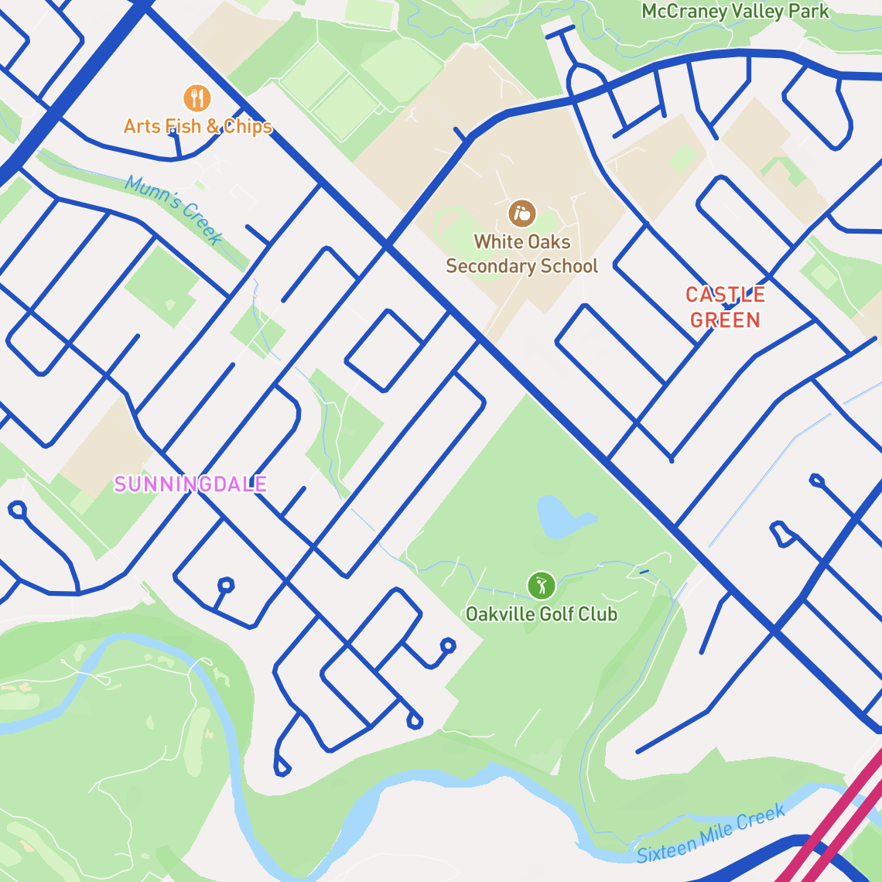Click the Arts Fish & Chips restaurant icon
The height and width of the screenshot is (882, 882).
pos(197,98)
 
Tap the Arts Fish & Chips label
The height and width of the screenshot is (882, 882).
pos(198,126)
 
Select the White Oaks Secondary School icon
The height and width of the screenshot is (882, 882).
pos(522,214)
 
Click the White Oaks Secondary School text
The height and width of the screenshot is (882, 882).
pos(522,254)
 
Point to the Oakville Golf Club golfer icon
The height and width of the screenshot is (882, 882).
pos(542,586)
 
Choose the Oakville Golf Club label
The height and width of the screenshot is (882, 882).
pos(542,614)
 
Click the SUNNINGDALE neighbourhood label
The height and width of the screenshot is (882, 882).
pos(190,484)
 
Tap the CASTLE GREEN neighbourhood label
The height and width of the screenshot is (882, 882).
pos(725,307)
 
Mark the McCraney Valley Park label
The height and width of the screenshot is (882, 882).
pos(735,12)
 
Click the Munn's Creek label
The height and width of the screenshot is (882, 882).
pos(175,208)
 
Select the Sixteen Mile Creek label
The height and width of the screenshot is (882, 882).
pos(711,834)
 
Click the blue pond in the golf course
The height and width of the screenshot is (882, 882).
pos(560,517)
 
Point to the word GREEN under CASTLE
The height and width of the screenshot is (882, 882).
pos(725,320)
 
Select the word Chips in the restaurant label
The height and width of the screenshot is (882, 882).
pos(248,126)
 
